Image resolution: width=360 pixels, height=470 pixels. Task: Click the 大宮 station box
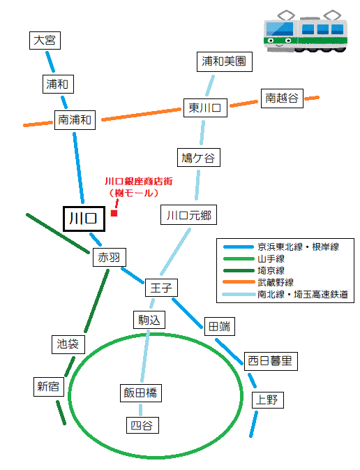[45, 41]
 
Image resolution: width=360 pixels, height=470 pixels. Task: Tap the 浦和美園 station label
[225, 61]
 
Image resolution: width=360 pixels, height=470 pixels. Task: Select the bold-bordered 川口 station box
[84, 219]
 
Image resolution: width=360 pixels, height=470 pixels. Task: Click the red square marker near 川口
[114, 213]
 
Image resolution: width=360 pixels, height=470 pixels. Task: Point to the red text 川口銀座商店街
[138, 182]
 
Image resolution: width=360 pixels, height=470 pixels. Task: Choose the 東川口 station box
[205, 108]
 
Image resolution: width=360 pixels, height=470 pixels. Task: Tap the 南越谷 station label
[282, 98]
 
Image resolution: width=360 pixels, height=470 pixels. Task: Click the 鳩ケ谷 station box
[199, 157]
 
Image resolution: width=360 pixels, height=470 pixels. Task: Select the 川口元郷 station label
[188, 215]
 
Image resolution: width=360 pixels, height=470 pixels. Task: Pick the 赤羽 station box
[109, 257]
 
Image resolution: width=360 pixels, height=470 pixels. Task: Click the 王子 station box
[161, 288]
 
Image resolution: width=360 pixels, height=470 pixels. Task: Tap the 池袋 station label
[68, 344]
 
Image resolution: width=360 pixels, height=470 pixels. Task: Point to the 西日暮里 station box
[271, 361]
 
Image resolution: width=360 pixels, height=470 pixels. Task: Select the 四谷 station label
[142, 425]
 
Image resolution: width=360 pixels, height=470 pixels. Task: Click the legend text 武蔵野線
[276, 282]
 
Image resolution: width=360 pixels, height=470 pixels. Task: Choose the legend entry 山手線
[254, 258]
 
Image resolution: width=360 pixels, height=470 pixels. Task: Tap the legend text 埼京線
[271, 271]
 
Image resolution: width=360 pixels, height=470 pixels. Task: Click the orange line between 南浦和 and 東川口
[142, 115]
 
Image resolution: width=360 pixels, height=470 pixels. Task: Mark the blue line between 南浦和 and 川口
[78, 168]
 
